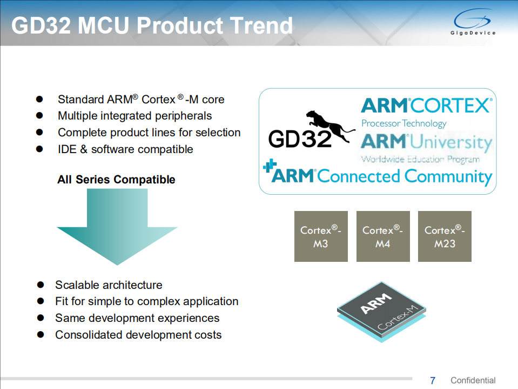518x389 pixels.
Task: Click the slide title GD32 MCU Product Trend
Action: pyautogui.click(x=152, y=25)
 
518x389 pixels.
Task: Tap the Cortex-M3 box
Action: pyautogui.click(x=321, y=236)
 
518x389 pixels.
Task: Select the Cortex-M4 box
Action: pyautogui.click(x=383, y=236)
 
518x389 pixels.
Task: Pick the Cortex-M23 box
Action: pyautogui.click(x=445, y=236)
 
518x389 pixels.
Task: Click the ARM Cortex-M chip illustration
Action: pyautogui.click(x=381, y=312)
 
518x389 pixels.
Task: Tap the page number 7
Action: pyautogui.click(x=432, y=380)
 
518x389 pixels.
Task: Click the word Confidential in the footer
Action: pyautogui.click(x=473, y=380)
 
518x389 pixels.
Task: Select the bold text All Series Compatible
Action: pyautogui.click(x=116, y=180)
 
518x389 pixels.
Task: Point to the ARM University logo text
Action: pyautogui.click(x=426, y=143)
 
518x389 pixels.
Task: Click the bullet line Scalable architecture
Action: pyautogui.click(x=109, y=285)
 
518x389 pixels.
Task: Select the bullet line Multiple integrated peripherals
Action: pyautogui.click(x=134, y=116)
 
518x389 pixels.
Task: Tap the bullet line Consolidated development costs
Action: pyautogui.click(x=138, y=334)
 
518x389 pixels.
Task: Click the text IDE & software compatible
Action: pyautogui.click(x=125, y=149)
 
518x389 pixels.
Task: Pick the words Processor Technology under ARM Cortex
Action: pyautogui.click(x=403, y=123)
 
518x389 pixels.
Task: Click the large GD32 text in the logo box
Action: pyautogui.click(x=300, y=139)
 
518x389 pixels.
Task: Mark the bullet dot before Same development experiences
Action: pyautogui.click(x=41, y=318)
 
